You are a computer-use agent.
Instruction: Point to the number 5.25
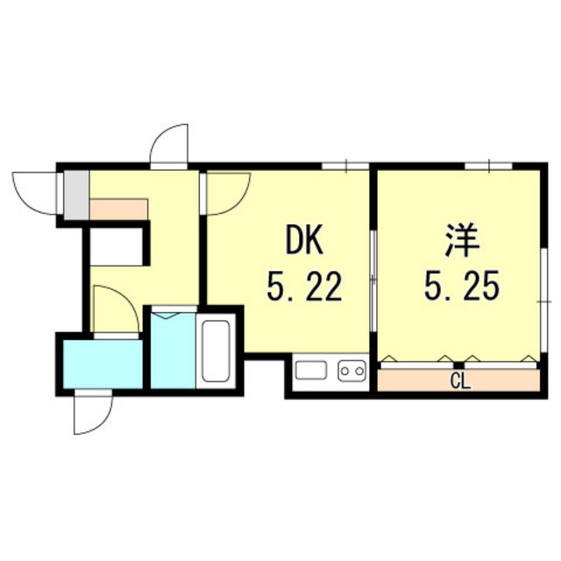462,285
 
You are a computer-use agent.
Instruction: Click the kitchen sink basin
311,372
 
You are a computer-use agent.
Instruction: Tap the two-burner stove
351,372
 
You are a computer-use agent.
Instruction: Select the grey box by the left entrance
76,194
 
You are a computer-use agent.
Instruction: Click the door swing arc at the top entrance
171,145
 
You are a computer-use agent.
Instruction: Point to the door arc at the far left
35,191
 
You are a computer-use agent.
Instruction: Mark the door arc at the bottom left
93,412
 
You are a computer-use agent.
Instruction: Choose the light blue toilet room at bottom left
102,362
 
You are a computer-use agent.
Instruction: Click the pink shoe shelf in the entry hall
119,209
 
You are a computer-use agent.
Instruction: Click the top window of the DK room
344,166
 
